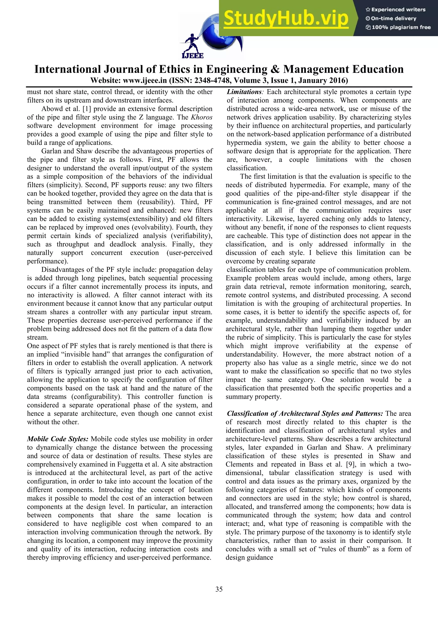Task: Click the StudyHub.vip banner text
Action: pos(286,18)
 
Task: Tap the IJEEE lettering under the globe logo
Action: pos(193,56)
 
